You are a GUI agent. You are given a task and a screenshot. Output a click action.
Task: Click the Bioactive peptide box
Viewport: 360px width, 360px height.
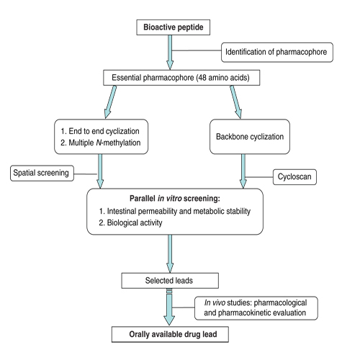(x=174, y=27)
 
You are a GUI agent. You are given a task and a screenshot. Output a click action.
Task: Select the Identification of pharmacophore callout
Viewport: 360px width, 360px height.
(x=277, y=53)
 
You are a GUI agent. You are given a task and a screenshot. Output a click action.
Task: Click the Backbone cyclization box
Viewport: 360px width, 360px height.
(x=250, y=137)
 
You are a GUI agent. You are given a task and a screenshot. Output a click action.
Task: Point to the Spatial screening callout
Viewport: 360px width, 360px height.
(x=42, y=173)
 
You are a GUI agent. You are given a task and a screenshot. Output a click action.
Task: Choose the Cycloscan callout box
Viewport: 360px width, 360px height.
(x=294, y=177)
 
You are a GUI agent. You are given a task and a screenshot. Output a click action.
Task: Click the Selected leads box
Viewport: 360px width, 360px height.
(x=170, y=281)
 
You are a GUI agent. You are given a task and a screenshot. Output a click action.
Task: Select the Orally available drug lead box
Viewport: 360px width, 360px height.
(x=170, y=334)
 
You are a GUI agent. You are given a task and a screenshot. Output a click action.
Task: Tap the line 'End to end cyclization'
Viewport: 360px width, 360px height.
(x=100, y=131)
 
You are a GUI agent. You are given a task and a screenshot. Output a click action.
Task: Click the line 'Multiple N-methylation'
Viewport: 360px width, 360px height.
(x=101, y=143)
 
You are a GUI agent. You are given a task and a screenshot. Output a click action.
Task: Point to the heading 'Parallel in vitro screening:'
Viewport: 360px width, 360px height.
(x=175, y=199)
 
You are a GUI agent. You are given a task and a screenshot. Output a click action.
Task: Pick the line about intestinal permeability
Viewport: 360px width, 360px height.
(x=175, y=211)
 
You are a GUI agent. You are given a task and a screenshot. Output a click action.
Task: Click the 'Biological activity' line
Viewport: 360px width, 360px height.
(x=130, y=222)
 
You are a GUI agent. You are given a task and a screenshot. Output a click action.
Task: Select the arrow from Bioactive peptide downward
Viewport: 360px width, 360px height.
(x=170, y=53)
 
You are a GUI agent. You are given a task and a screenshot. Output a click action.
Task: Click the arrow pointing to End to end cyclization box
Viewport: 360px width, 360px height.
(x=110, y=102)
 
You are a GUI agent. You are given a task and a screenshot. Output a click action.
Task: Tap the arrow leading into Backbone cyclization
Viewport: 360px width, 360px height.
(x=236, y=102)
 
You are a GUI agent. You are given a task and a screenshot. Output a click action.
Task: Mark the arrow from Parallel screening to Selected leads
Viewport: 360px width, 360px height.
(x=170, y=253)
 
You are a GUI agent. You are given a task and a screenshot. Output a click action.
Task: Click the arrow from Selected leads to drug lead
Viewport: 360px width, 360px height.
(x=169, y=307)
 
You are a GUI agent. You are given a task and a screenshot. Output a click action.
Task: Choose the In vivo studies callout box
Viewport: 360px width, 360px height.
(x=256, y=308)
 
